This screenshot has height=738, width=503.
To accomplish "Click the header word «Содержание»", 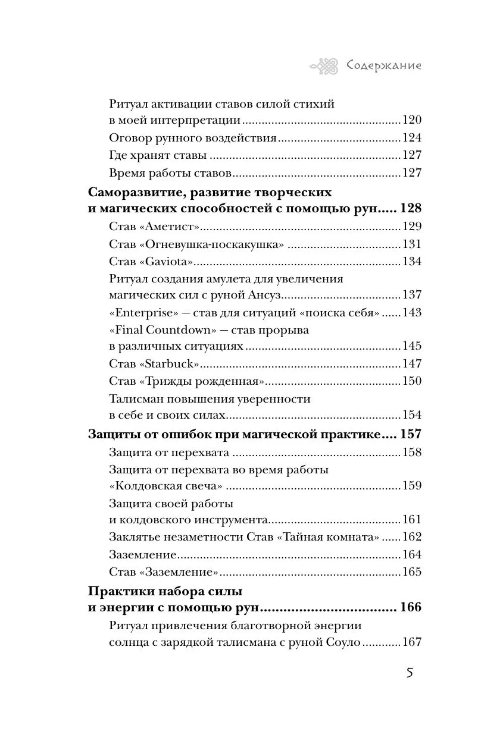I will coord(384,65).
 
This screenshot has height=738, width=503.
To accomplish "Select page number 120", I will coord(411,121).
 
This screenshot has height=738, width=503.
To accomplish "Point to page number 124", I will coord(411,139).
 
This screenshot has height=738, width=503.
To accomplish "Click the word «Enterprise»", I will coord(140,312).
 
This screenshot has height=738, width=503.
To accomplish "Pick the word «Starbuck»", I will coord(170,364).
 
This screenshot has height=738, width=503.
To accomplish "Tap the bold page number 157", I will coord(411,435).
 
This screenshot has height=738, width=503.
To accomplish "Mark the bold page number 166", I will coord(411,608).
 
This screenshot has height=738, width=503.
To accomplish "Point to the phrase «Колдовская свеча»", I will coord(169,485).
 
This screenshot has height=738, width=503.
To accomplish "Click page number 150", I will coord(411,381).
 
